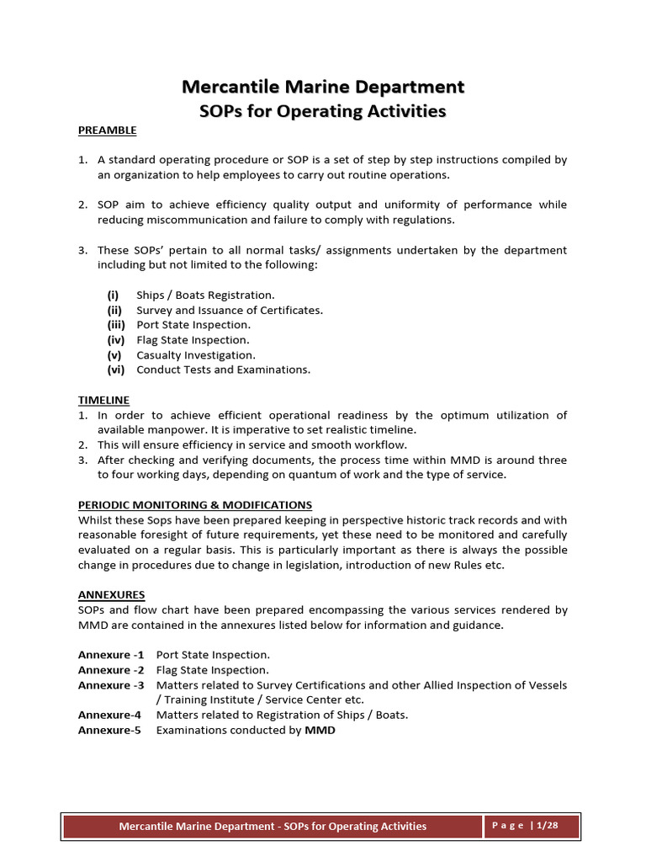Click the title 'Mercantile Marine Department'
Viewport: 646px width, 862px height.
tap(323, 87)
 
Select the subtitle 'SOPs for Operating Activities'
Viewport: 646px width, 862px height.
tap(323, 111)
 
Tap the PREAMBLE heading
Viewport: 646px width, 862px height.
tap(107, 130)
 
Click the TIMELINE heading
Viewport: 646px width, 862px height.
tap(103, 400)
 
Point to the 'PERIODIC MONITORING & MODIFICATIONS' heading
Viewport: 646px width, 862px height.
tap(195, 505)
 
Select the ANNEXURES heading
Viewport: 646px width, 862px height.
tap(111, 594)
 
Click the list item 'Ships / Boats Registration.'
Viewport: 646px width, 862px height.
tap(205, 295)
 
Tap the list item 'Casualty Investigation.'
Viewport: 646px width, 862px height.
tap(196, 355)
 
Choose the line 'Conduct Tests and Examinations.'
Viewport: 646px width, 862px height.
tap(223, 370)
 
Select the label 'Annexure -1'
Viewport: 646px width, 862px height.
tap(110, 655)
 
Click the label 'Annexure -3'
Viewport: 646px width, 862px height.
tap(110, 685)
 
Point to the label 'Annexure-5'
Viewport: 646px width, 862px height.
tap(109, 731)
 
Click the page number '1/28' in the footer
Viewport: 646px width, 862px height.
tap(547, 826)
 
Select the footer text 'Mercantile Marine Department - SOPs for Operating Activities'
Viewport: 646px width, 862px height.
tap(273, 827)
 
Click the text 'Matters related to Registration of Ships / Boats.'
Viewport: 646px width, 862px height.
tap(282, 716)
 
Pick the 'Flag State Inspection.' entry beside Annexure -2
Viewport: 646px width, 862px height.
tap(213, 670)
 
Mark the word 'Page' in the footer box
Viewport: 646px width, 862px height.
tap(508, 826)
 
